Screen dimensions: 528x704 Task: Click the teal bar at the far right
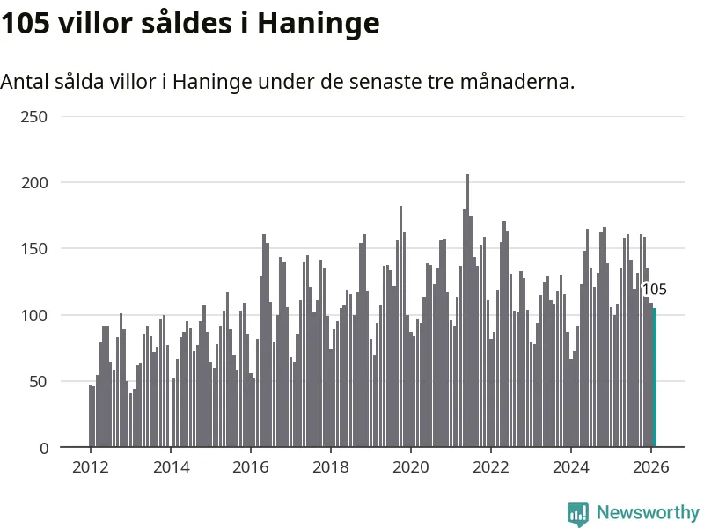coord(654,378)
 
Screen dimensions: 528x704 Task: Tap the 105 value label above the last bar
coord(654,290)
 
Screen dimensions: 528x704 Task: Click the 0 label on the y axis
coord(41,448)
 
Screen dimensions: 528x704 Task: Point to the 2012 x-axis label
coord(91,467)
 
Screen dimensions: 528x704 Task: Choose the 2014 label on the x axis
coord(171,467)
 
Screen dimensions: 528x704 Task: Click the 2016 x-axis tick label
coord(251,467)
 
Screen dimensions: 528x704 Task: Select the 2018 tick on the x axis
coord(331,467)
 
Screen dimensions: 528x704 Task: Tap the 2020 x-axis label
coord(411,467)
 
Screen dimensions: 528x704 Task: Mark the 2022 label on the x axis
coord(491,467)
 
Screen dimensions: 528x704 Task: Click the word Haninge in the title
coord(318,24)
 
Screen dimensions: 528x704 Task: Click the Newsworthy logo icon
coord(578,514)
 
